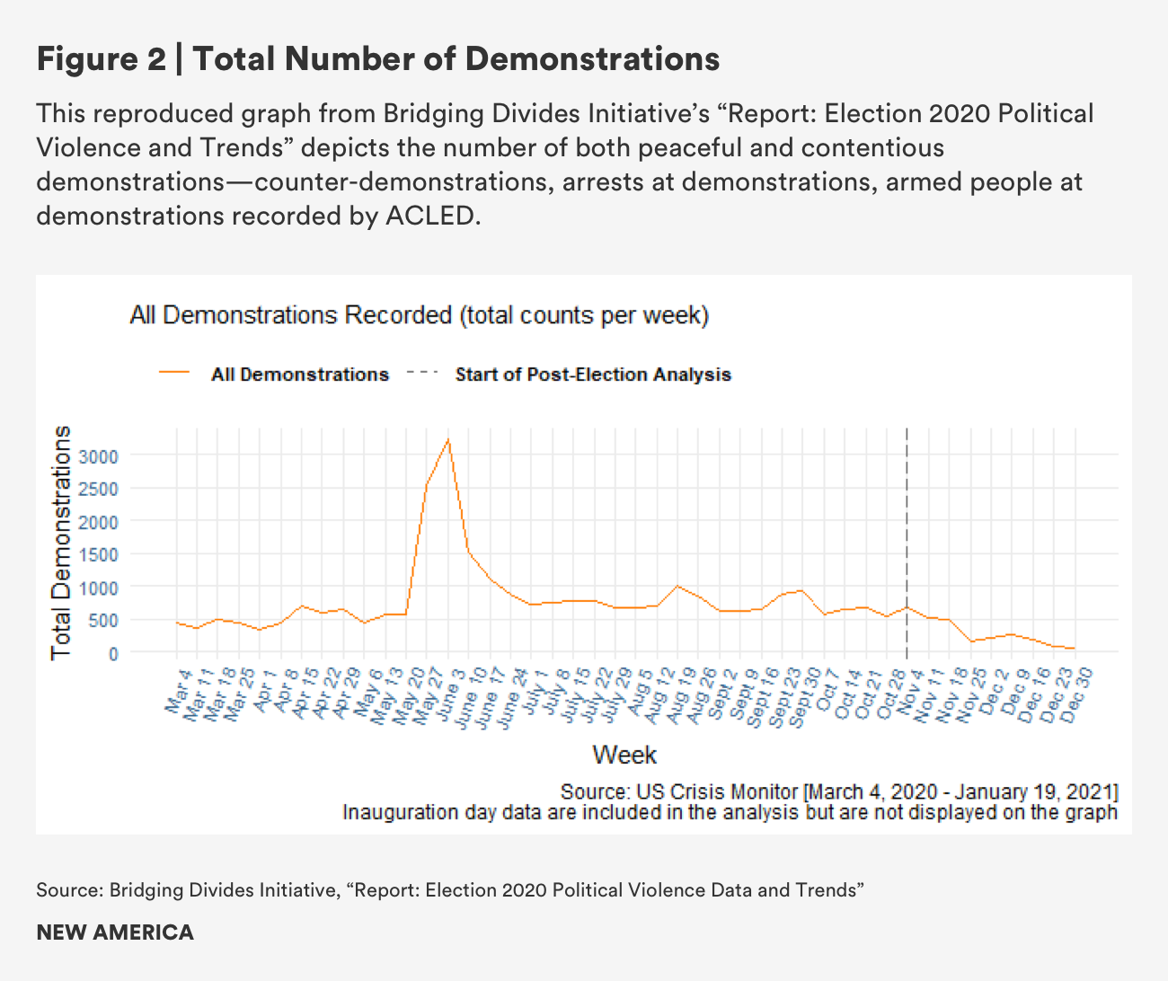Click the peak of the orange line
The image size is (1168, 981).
tap(447, 439)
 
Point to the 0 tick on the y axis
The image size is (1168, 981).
tap(113, 653)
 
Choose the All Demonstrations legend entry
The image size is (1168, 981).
tap(299, 375)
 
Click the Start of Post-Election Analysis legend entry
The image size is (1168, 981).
tap(593, 375)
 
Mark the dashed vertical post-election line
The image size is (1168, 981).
tap(907, 539)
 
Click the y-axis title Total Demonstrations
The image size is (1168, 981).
tap(61, 543)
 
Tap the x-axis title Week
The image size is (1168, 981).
tap(624, 755)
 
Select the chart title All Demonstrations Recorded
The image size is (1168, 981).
tap(419, 315)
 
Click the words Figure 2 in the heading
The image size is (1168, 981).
tap(101, 59)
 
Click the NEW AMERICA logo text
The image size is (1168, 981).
tap(115, 932)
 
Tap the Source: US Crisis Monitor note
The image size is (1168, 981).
tap(839, 792)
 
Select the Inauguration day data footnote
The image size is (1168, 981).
tap(730, 813)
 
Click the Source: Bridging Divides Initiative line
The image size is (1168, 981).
tap(449, 890)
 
